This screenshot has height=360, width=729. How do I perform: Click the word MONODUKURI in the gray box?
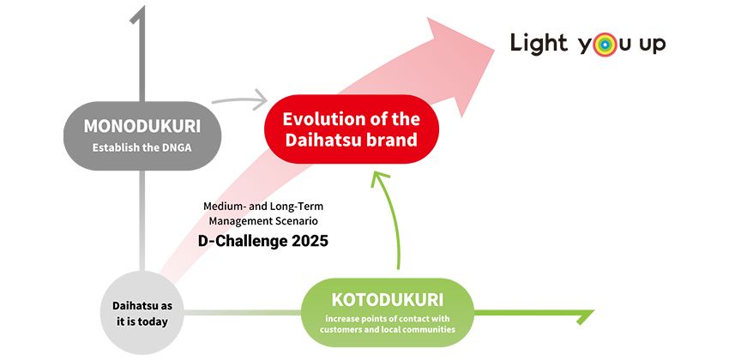(x=142, y=126)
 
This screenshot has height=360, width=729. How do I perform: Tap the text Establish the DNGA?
(x=142, y=147)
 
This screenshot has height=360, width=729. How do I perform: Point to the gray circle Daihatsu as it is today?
(x=142, y=315)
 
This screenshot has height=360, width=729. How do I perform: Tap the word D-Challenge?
(x=233, y=241)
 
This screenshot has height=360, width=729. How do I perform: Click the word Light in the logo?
(x=539, y=43)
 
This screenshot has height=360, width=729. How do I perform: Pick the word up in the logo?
(x=651, y=45)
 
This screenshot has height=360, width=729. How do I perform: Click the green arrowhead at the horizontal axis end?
(x=586, y=315)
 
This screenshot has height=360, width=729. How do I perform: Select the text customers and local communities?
(x=388, y=328)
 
